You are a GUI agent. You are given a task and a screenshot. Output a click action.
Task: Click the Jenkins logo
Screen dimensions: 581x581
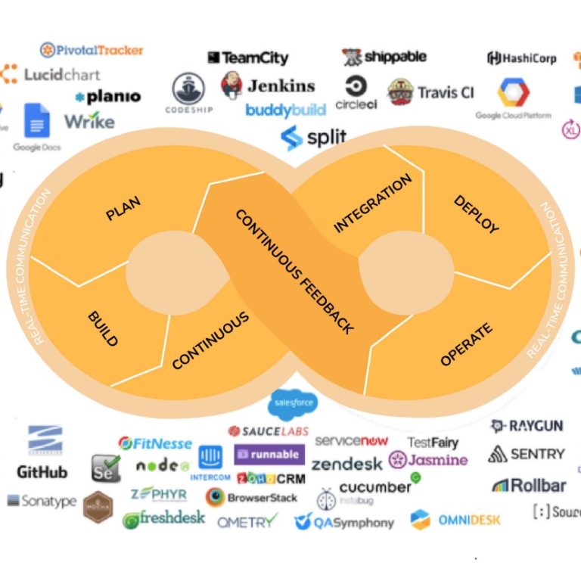(x=268, y=85)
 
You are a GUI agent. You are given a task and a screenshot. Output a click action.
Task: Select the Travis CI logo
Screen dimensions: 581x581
(x=430, y=92)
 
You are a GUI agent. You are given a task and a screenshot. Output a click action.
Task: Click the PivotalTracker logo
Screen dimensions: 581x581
(x=91, y=50)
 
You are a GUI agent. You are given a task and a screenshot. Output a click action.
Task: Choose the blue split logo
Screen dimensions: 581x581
(x=313, y=138)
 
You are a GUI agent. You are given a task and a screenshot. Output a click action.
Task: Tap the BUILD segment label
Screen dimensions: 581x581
(x=103, y=328)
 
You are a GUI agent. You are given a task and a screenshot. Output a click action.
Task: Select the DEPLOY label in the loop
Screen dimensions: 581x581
(x=476, y=214)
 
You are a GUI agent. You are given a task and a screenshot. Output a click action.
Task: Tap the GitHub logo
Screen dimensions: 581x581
(x=42, y=472)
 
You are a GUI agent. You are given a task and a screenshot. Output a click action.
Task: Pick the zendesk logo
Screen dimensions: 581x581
(x=347, y=464)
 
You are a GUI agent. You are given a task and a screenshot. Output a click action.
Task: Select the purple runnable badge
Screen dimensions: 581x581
(x=269, y=455)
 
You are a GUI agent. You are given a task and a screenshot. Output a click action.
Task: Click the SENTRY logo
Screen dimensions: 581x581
(x=527, y=454)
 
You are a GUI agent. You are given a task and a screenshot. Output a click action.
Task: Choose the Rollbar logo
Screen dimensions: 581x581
(x=529, y=485)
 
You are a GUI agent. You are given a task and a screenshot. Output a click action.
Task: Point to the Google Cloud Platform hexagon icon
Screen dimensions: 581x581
(x=513, y=93)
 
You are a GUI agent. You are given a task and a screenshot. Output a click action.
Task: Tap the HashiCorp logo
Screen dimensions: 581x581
(x=521, y=58)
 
